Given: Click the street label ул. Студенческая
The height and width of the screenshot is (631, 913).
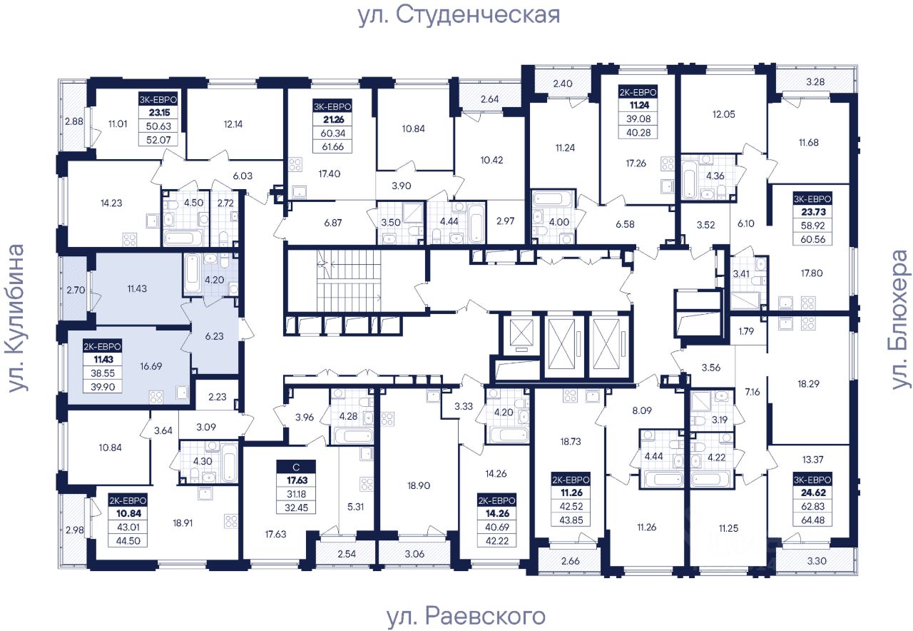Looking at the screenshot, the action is pos(459,14).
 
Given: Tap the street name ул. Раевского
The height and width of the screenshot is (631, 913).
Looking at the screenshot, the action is pos(465,615).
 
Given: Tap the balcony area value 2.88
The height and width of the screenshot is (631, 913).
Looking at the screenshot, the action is pos(72,121).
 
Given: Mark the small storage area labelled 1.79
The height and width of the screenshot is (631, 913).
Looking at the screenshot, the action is pos(746,330).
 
